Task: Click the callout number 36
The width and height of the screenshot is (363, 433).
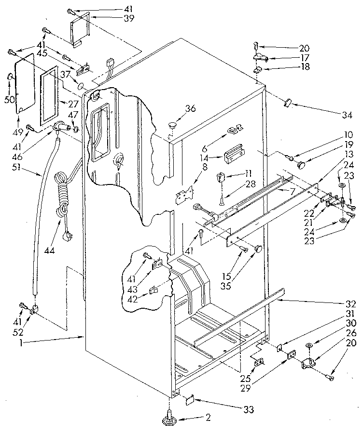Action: [191, 109]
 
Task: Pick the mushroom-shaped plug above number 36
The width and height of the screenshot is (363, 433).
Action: [172, 125]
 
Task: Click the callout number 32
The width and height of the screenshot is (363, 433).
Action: [350, 304]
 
